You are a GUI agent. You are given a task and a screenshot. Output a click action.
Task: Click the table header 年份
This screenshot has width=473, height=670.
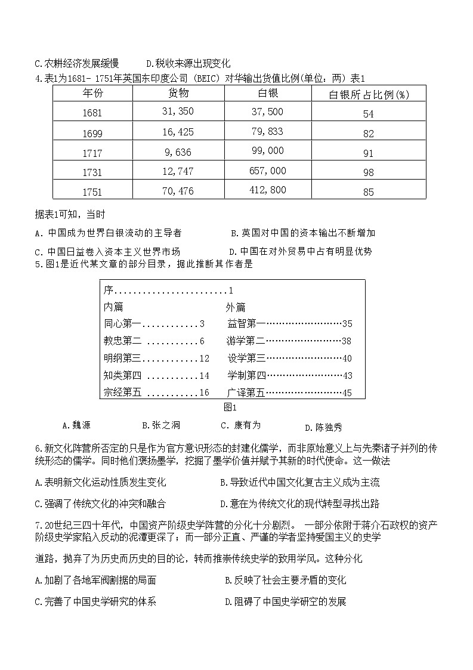pos(93,93)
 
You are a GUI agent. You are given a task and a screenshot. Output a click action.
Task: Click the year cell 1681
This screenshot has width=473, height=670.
pos(93,113)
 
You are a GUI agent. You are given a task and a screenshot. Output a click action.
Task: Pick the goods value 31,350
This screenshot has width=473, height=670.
pos(178,112)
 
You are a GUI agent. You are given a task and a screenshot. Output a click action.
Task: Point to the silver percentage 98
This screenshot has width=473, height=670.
pos(369,172)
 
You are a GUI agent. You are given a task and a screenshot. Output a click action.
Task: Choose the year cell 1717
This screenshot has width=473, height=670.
pos(93,153)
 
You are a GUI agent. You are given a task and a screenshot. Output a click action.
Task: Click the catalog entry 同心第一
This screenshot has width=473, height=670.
pos(122,324)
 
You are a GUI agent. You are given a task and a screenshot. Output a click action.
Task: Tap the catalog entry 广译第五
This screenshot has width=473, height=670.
pos(246,393)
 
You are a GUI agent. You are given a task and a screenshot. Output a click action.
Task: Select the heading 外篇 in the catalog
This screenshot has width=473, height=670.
pos(236,307)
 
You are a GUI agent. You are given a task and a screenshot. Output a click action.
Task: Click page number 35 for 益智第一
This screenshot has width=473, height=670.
pos(348,324)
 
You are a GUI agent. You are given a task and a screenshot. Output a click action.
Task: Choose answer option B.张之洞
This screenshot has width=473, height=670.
pos(161,425)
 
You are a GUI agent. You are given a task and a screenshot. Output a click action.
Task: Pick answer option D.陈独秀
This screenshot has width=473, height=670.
pos(323,427)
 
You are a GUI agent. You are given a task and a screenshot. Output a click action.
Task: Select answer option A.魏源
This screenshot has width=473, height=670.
pos(76,425)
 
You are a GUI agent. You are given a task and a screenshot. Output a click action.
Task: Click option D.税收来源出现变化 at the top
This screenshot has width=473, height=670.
pos(188,63)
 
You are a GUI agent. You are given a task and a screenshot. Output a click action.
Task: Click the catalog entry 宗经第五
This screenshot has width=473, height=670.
pos(122,393)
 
